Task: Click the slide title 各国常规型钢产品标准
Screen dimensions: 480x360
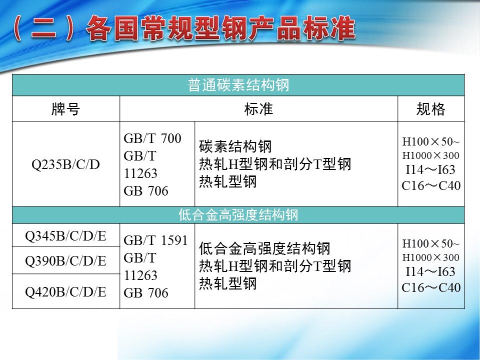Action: tap(221, 28)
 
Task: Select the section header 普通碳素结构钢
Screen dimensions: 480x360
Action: tap(238, 85)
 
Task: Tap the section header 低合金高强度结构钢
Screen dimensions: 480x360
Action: tap(238, 214)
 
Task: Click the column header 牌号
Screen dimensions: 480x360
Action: tap(66, 109)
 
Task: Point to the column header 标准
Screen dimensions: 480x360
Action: tap(258, 109)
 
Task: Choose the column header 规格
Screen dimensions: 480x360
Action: tap(430, 109)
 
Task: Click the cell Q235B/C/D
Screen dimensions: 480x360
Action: tap(66, 164)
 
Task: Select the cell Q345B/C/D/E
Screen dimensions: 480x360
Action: tap(66, 236)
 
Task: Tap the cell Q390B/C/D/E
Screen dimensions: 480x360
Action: tap(66, 261)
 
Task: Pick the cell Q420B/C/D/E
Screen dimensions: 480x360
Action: tap(66, 291)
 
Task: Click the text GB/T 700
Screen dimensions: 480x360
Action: tap(152, 138)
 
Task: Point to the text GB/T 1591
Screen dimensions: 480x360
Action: tap(155, 240)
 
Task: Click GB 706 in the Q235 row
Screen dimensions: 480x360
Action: tap(146, 191)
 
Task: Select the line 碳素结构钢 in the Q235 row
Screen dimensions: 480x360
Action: tap(235, 146)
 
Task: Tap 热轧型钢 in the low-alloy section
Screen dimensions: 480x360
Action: tap(228, 283)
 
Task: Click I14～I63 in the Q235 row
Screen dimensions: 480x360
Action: tap(430, 169)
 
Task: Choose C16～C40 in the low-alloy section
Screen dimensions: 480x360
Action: tap(431, 287)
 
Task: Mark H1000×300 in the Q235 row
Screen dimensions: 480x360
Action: tap(430, 155)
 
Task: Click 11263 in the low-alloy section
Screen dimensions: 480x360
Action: tap(140, 275)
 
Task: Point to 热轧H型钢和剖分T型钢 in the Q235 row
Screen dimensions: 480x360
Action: tap(275, 164)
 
